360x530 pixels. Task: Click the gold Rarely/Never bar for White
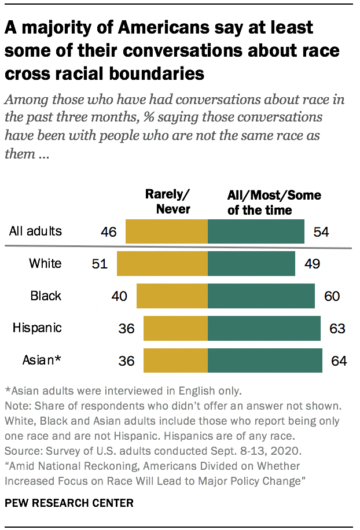coord(162,264)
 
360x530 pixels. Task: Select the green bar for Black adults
coord(261,296)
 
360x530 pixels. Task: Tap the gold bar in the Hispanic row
coord(175,328)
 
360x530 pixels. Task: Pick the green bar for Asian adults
coord(265,360)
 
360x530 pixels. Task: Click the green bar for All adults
coord(256,232)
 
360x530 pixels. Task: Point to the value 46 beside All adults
coord(109,233)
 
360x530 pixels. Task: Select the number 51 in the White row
coord(100,264)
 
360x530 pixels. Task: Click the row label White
coord(45,264)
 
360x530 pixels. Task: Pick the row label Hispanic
coord(37,328)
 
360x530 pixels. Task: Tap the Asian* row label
coord(42,360)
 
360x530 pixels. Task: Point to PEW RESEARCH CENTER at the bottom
coord(69,503)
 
